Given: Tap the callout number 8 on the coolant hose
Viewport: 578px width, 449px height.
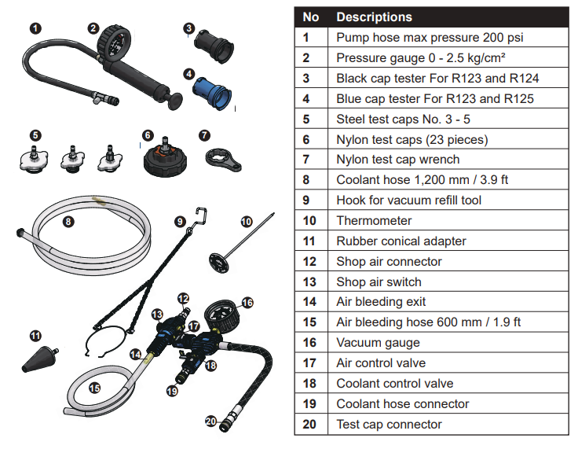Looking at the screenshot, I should point(68,222).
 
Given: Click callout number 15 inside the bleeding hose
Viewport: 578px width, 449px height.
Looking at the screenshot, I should point(94,387).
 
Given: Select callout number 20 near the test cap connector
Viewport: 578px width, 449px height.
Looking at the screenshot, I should point(210,421).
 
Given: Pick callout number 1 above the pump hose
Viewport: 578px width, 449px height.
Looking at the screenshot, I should point(36,28).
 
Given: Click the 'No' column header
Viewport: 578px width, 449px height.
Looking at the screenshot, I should point(311,17).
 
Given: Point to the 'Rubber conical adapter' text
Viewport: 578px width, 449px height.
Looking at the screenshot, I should point(401,241).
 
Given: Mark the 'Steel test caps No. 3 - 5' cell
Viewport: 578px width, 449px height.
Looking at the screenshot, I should point(404,119).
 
